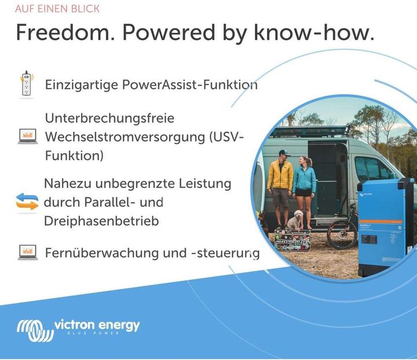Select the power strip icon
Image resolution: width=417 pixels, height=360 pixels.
coord(25,85)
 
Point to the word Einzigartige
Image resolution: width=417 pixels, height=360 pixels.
coord(82,85)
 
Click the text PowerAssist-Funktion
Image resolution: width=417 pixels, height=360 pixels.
coord(189,85)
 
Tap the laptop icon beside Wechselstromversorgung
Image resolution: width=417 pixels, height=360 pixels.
coord(27,137)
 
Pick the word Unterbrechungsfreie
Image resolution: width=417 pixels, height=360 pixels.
coord(109,118)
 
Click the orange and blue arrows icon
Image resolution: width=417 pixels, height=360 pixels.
coord(27,202)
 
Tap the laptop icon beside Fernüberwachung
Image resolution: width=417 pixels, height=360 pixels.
coord(27,252)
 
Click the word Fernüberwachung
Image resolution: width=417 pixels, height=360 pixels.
coord(102,253)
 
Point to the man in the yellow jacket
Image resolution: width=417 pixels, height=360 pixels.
coord(280,182)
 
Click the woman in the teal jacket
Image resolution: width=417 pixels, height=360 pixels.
coord(304,185)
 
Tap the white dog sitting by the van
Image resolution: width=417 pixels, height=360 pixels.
coord(295,221)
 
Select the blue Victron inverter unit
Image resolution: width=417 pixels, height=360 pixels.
coord(385,226)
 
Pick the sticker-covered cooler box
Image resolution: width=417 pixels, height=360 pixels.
coord(292,239)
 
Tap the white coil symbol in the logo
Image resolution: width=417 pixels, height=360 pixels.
coord(34,331)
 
